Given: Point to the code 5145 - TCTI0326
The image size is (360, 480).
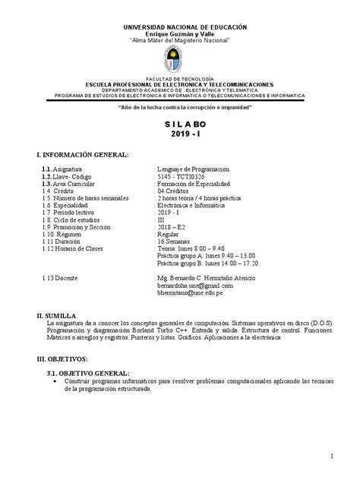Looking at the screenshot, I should point(182,176).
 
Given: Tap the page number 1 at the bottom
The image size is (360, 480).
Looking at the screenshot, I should point(333,456).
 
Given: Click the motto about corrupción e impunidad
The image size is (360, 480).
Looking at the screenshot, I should point(180,109).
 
